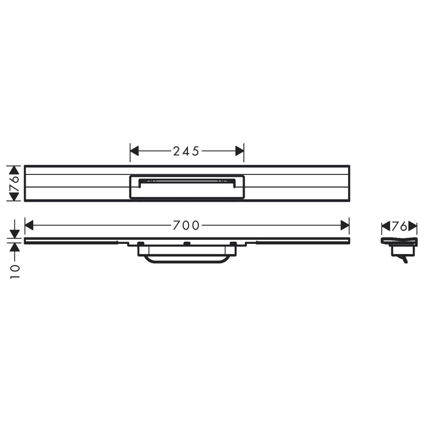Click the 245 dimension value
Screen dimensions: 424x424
186,151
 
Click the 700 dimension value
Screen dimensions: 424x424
186,225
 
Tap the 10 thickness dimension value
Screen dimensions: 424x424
15,271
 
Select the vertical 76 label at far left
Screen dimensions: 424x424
14,183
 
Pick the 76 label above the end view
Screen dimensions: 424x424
399,226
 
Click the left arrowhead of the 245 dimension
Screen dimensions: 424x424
134,151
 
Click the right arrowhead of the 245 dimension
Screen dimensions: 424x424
240,151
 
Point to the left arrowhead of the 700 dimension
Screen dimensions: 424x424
29,225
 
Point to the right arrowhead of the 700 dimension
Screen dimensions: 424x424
345,225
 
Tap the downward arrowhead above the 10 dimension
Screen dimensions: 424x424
15,234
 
